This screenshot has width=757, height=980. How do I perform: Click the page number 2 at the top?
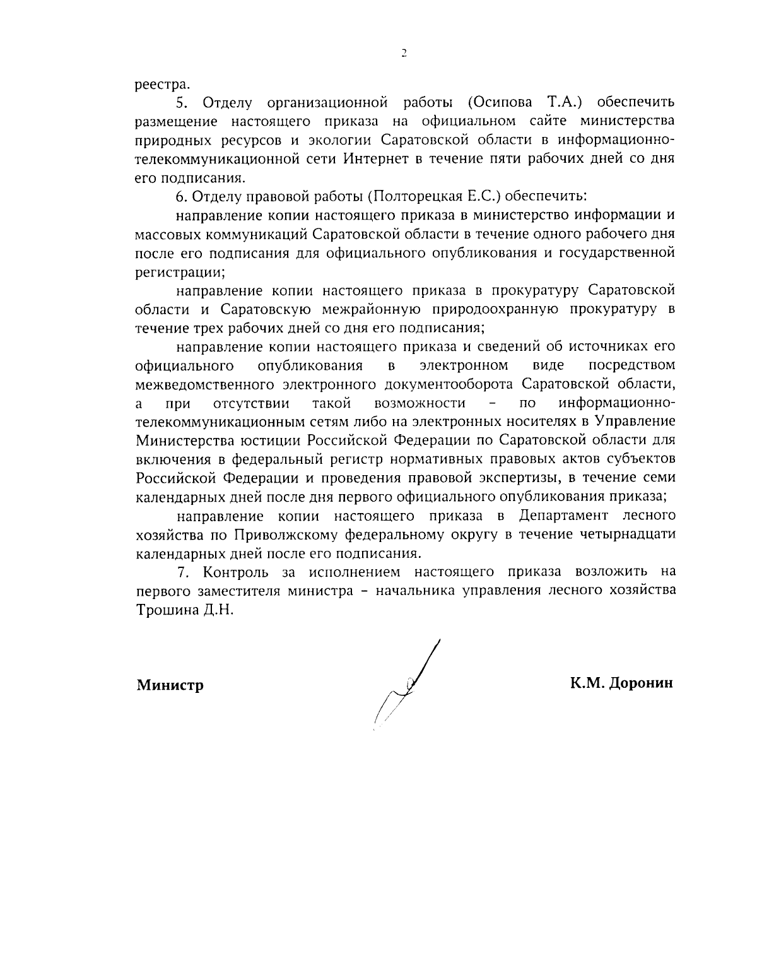[x=404, y=54]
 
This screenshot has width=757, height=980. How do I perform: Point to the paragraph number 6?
[x=180, y=196]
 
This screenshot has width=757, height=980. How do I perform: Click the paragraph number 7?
[x=184, y=572]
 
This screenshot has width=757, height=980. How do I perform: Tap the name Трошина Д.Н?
[x=185, y=610]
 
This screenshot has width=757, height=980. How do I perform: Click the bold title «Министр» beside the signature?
[x=170, y=685]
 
